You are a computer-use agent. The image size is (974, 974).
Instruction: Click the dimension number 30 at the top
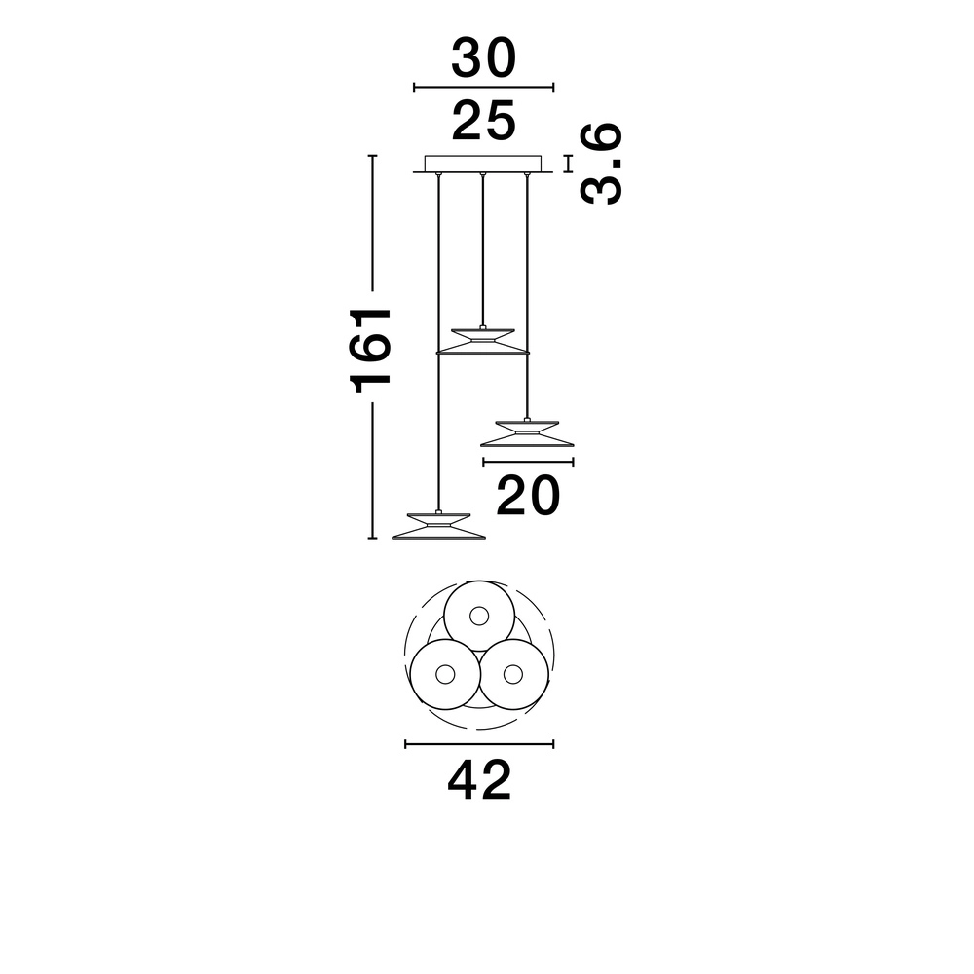pos(483,57)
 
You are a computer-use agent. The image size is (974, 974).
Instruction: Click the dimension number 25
pos(483,120)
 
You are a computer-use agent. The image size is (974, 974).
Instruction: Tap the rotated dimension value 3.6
pos(601,164)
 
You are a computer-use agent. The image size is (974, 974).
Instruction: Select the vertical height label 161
pos(371,350)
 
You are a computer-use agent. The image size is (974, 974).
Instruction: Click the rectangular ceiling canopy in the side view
pos(483,164)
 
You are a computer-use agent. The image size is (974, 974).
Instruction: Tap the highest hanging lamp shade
pos(483,340)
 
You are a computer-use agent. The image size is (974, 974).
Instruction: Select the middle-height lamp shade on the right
pos(527,432)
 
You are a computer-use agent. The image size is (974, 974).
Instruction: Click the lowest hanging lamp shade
pos(438,525)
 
